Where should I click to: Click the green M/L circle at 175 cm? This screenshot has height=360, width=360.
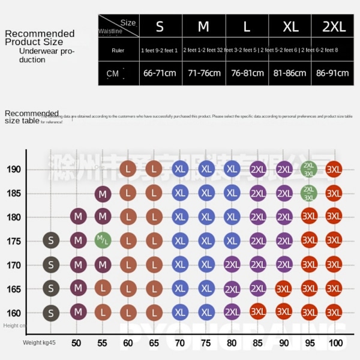coord(103,241)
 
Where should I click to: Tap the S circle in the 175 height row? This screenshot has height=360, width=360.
coord(51,241)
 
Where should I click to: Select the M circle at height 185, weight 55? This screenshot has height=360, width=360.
coord(103,193)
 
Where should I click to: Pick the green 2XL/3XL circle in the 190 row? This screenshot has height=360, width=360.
coord(309,169)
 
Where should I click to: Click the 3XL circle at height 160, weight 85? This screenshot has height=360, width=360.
coord(258,312)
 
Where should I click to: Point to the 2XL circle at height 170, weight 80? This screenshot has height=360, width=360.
coord(232,265)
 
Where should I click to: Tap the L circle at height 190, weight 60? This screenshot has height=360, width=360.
coord(128,169)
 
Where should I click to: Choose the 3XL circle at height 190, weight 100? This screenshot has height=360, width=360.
coord(334,169)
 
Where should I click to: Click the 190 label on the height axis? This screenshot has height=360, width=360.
coord(13,169)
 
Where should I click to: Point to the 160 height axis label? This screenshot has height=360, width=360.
coord(13,313)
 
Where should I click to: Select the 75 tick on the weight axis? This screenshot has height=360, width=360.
coord(206,343)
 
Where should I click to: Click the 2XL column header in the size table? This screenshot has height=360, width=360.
coord(334,26)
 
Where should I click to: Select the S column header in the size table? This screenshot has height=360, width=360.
coord(160,26)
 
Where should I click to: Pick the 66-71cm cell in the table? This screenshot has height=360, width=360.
coord(160,73)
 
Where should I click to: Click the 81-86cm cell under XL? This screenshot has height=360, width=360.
coord(290,73)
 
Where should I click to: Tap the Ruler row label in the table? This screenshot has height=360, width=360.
coord(118,50)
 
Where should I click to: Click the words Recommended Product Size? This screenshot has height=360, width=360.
coord(40,37)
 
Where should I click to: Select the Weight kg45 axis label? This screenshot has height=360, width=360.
coord(39,343)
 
